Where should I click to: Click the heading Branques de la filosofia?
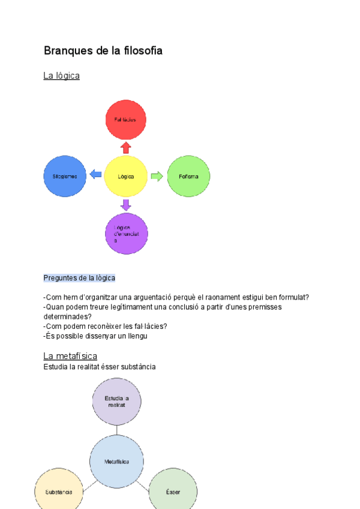pyautogui.click(x=103, y=51)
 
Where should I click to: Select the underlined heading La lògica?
pyautogui.click(x=61, y=76)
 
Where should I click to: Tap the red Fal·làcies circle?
pyautogui.click(x=126, y=119)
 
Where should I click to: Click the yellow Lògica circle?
pyautogui.click(x=126, y=176)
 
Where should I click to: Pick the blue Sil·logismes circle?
pyautogui.click(x=65, y=176)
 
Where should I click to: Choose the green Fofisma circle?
pyautogui.click(x=188, y=176)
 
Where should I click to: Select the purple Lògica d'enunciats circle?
pyautogui.click(x=126, y=233)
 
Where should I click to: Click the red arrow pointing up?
pyautogui.click(x=125, y=148)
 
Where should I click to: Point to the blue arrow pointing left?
pyautogui.click(x=95, y=175)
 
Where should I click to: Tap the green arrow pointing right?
pyautogui.click(x=157, y=176)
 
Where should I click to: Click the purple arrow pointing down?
pyautogui.click(x=125, y=205)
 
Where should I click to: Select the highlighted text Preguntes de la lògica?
pyautogui.click(x=79, y=278)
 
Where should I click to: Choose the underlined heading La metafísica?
pyautogui.click(x=70, y=356)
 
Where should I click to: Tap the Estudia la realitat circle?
pyautogui.click(x=117, y=402)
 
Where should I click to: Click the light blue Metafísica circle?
pyautogui.click(x=117, y=462)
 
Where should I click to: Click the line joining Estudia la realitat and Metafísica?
pyautogui.click(x=117, y=430)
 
